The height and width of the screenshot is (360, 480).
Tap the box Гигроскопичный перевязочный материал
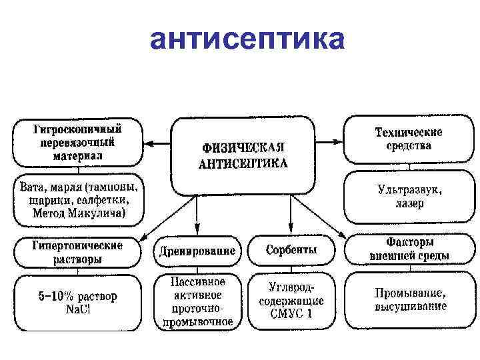click(x=78, y=142)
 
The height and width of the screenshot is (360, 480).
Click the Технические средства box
click(x=403, y=139)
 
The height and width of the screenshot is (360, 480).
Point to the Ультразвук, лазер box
click(x=403, y=196)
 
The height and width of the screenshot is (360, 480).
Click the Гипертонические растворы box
click(x=78, y=251)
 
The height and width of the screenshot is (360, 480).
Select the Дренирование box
click(x=197, y=251)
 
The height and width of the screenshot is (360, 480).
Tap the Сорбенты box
click(x=291, y=251)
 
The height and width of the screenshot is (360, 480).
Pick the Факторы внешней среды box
click(x=409, y=248)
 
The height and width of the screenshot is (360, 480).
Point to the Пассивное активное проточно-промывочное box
click(x=197, y=302)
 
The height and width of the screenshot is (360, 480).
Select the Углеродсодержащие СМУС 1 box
click(x=291, y=301)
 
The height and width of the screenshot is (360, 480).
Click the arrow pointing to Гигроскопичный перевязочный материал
click(x=158, y=143)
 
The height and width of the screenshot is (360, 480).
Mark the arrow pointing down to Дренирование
click(x=197, y=217)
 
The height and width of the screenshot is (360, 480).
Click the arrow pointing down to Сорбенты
click(x=291, y=217)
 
